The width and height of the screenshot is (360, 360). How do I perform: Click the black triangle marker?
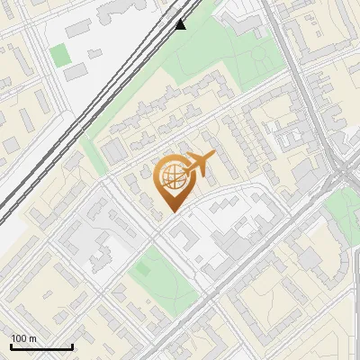coord(181,23)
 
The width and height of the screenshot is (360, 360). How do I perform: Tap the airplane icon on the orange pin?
coord(198,165)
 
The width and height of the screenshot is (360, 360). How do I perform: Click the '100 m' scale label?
coord(23,338)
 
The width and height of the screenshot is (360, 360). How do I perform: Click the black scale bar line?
coord(41,346)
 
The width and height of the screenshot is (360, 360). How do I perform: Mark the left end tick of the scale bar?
coord(11,345)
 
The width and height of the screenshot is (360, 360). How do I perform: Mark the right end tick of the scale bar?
coord(72,345)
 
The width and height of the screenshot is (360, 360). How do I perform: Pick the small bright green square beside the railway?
coord(59,54)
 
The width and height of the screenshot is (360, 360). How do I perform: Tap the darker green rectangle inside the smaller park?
coord(141,267)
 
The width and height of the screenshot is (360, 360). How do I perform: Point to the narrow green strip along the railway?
coord(90,148)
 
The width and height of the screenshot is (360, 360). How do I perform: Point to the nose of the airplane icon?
coord(214,156)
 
